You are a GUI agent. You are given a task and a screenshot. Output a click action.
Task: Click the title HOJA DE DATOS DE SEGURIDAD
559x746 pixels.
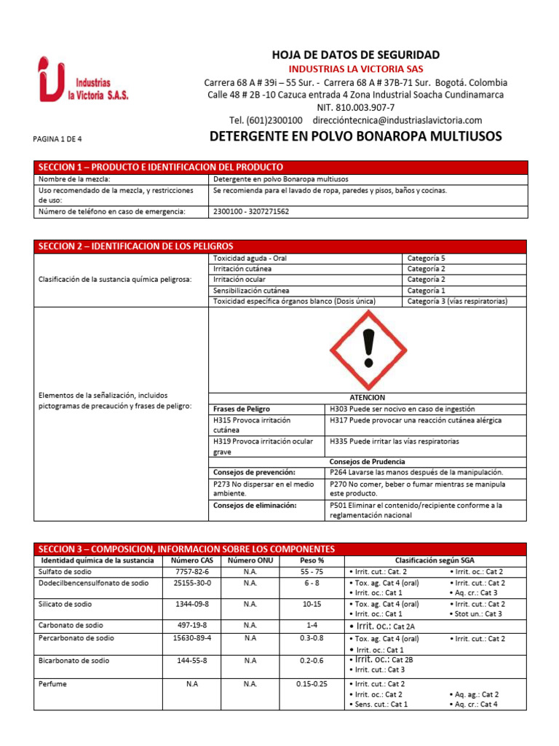[x=355, y=55]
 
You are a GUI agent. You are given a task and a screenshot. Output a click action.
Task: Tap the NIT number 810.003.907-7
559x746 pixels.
[x=355, y=107]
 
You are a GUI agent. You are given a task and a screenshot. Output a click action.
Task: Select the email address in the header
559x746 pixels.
[x=397, y=120]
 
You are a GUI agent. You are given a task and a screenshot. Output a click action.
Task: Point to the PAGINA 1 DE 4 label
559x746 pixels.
[x=63, y=138]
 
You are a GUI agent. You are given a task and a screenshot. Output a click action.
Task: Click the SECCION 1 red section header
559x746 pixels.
[x=161, y=167]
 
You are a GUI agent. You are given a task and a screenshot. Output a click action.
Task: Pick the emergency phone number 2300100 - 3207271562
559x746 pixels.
[x=251, y=211]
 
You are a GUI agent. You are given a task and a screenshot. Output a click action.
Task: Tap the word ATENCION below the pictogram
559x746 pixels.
[x=368, y=398]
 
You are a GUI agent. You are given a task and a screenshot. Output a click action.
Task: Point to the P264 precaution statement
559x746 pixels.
[x=416, y=472]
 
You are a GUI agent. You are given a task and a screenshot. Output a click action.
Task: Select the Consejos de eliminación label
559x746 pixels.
[x=255, y=505]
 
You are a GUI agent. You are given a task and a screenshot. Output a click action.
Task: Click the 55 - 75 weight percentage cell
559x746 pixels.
[x=312, y=572]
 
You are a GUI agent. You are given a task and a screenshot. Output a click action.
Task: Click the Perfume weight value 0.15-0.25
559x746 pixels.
[x=312, y=684]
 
